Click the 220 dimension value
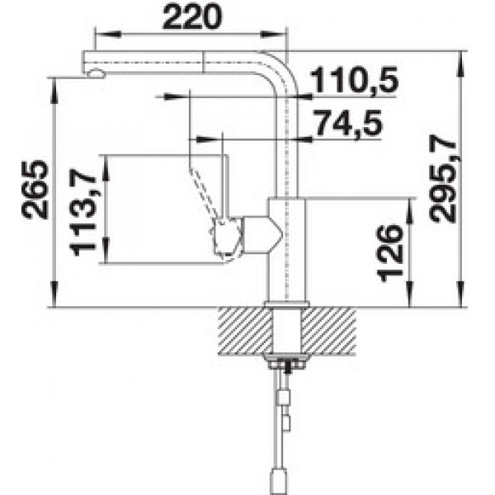pyautogui.click(x=191, y=16)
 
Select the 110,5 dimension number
pyautogui.click(x=354, y=79)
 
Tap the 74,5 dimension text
pyautogui.click(x=348, y=122)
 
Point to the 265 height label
pyautogui.click(x=35, y=190)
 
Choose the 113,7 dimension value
pyautogui.click(x=82, y=213)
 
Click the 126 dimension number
pyautogui.click(x=390, y=253)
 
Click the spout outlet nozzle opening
pyautogui.click(x=96, y=74)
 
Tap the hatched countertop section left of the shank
pyautogui.click(x=245, y=331)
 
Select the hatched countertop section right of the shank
pyautogui.click(x=328, y=331)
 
